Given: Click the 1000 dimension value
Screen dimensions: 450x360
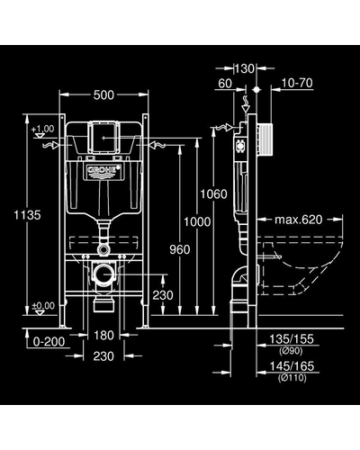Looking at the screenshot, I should pyautogui.click(x=196, y=220).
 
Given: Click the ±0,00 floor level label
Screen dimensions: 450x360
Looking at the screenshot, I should pyautogui.click(x=41, y=305).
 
